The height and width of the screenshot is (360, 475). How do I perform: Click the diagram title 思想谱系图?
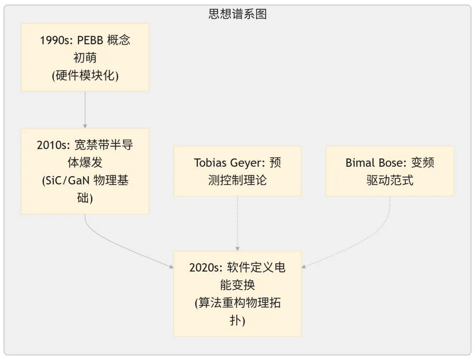(237, 14)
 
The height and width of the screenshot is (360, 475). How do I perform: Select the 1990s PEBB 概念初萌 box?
(85, 57)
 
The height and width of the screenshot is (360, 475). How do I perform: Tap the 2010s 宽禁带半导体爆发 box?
(85, 171)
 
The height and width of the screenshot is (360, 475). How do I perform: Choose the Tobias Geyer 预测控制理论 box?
(237, 171)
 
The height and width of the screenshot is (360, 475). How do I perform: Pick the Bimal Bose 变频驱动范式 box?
(390, 171)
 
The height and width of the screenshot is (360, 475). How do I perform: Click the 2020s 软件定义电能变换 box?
(237, 294)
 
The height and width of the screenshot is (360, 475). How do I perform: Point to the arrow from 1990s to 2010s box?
(85, 110)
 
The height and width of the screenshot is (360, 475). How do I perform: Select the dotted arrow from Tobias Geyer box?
(237, 224)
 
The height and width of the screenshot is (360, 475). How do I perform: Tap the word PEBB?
(90, 40)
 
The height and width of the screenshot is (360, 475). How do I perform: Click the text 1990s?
(57, 40)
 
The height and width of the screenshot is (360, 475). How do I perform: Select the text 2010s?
(53, 145)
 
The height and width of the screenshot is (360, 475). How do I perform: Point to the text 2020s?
(206, 268)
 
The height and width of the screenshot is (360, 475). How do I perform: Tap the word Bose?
(393, 163)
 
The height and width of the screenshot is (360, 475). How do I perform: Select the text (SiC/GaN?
(66, 180)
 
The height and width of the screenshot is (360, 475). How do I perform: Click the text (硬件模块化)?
(85, 75)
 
